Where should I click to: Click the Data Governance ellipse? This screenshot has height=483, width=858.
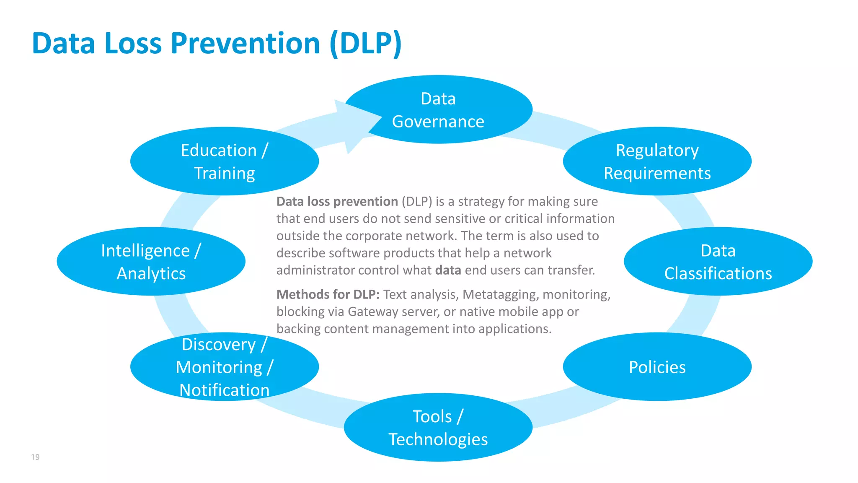coord(438,110)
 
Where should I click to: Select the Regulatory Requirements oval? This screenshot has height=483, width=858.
coord(657,161)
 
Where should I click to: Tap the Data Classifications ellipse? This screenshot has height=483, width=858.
coord(718,262)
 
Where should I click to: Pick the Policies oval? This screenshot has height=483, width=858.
coord(657,367)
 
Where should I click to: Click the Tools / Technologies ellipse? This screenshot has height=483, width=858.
coord(438,428)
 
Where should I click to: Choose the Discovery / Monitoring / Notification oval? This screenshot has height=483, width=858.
coord(225,367)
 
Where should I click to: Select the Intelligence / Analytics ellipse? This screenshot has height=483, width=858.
coord(151,262)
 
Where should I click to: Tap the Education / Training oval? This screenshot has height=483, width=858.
coord(225,161)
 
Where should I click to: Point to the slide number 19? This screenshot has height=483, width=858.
coord(35,457)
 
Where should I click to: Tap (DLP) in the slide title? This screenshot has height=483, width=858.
coord(365,43)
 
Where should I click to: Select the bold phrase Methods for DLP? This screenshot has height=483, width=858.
coord(328,294)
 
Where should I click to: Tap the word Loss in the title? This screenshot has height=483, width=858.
coord(133,43)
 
